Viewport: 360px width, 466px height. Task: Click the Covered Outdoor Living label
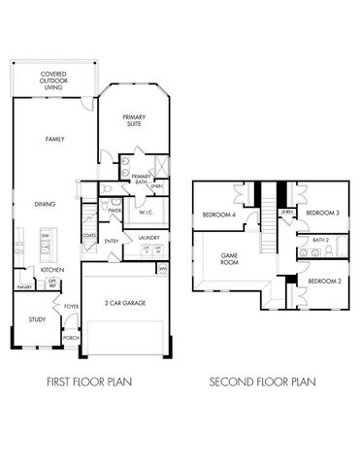click(x=52, y=79)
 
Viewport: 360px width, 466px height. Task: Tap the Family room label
click(x=54, y=140)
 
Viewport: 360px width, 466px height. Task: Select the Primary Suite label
click(x=134, y=121)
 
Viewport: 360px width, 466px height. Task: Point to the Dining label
click(x=45, y=204)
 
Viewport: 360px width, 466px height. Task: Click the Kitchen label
click(x=52, y=269)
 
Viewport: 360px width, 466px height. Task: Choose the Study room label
click(x=37, y=318)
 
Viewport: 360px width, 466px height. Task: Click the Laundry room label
click(x=148, y=237)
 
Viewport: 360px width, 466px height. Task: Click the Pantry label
click(x=24, y=287)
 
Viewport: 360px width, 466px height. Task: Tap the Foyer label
click(x=71, y=307)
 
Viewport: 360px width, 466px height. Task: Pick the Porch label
click(x=71, y=339)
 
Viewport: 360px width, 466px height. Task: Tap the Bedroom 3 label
click(x=321, y=213)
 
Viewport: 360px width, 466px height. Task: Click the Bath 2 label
click(x=321, y=239)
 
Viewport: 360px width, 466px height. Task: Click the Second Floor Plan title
click(x=264, y=383)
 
